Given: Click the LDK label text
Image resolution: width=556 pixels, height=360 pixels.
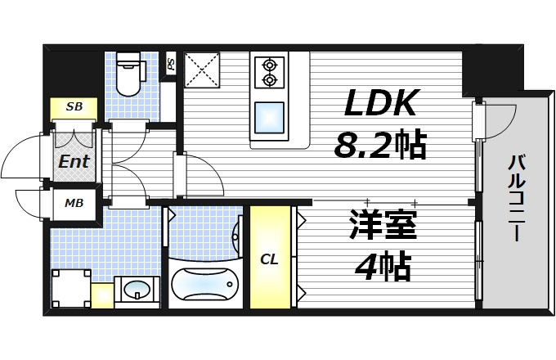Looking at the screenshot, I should (380, 105).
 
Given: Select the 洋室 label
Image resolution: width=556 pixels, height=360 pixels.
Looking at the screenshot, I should (383, 225).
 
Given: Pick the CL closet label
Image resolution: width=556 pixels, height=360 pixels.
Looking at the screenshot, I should (269, 259).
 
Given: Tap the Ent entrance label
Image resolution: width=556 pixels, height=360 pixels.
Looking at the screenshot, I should (74, 161).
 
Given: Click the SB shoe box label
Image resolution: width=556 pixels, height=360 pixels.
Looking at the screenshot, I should (74, 107).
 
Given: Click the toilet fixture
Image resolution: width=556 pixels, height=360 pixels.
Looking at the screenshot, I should (129, 74).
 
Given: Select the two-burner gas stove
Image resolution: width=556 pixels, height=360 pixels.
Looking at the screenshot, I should (270, 71).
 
